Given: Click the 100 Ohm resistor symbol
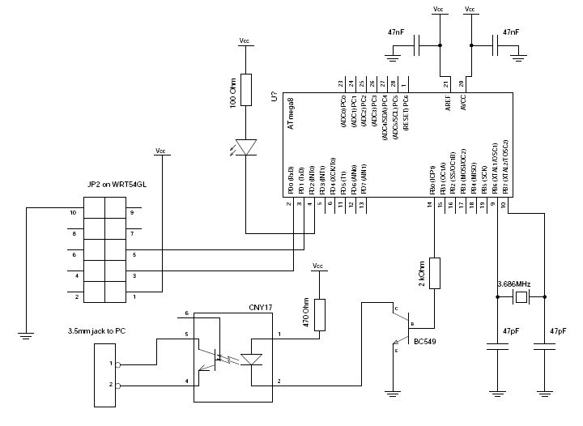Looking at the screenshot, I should (x=246, y=88).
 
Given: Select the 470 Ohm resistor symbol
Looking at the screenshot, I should (x=321, y=315).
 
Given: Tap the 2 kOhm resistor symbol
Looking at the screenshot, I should (x=435, y=273).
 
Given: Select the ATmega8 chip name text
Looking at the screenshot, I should (x=290, y=116).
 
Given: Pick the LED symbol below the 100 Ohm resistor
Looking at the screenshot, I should (x=246, y=147).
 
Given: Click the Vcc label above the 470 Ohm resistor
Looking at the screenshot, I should (x=318, y=266).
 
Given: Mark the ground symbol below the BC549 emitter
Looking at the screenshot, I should (x=394, y=394).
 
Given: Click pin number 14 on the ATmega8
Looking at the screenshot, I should (x=430, y=205).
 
